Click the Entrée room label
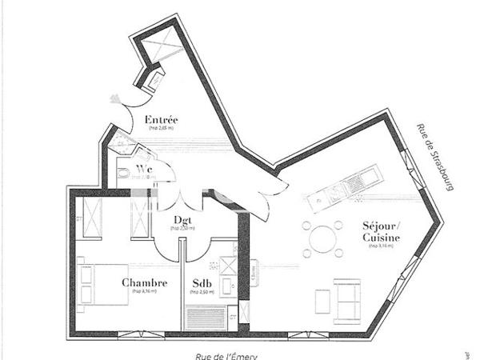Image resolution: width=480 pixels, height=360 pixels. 161,120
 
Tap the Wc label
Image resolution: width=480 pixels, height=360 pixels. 145,169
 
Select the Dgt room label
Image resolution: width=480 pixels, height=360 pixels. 182,220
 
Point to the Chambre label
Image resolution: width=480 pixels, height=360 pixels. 144,283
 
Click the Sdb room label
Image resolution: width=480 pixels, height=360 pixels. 202,283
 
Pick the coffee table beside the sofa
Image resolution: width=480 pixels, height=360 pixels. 322,300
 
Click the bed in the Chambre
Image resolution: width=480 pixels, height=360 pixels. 102,283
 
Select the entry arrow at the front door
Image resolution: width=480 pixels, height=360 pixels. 115,99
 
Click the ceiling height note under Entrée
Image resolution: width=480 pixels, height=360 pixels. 161,129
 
